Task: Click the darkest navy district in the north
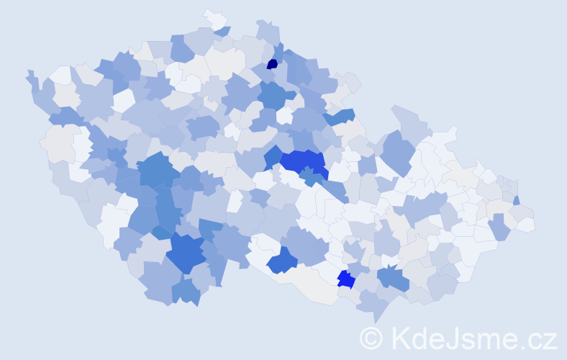point(272,64)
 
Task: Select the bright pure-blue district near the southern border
point(345,279)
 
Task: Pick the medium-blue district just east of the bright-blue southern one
point(393,276)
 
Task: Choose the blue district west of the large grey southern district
point(282,260)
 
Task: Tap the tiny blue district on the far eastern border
point(517,201)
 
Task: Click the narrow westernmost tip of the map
point(30,74)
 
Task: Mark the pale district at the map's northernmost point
point(214,17)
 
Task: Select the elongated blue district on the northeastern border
point(339,116)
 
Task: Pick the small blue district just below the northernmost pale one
point(222,31)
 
